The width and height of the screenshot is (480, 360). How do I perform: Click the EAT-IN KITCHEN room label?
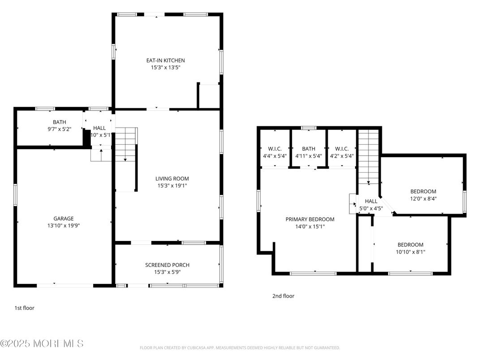[165, 60]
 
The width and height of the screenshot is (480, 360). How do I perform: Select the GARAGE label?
[64, 219]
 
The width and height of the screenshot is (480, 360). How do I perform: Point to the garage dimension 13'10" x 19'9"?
[64, 226]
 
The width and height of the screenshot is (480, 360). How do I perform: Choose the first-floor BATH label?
[59, 122]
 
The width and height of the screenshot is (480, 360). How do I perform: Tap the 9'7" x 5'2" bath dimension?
[59, 129]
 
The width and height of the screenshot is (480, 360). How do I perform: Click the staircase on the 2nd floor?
[369, 157]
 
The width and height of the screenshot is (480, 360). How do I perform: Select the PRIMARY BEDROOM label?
[310, 219]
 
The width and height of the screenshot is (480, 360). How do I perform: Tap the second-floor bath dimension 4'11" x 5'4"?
[309, 156]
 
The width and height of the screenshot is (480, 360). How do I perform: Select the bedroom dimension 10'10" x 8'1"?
[411, 252]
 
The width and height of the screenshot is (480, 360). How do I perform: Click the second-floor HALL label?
[371, 201]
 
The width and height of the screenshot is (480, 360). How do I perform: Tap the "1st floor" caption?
[24, 308]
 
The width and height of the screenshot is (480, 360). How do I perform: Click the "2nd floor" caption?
[283, 296]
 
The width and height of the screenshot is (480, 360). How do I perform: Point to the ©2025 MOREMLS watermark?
[42, 343]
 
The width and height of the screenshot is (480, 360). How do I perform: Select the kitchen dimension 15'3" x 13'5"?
[165, 68]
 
